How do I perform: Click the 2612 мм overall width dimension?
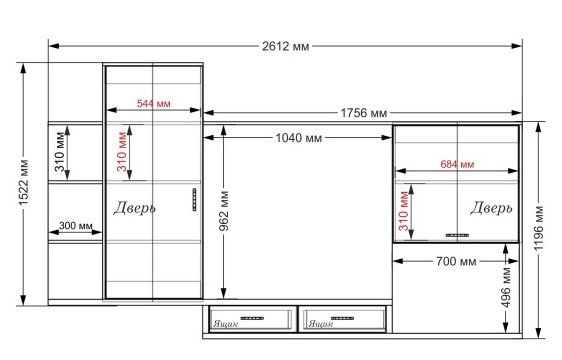[285, 46]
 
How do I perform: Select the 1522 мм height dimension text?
[24, 183]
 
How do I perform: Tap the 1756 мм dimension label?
[363, 113]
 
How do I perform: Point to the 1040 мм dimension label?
[299, 138]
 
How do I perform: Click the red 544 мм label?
[153, 104]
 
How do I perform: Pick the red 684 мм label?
[457, 164]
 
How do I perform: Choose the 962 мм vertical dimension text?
[224, 211]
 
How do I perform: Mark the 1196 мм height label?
[538, 228]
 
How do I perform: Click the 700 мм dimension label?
[456, 261]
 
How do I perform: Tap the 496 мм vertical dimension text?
[506, 287]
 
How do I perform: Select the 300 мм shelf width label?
[76, 226]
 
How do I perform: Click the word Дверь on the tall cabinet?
[134, 208]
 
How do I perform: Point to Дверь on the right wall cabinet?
[491, 208]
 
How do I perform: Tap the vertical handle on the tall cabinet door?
[195, 199]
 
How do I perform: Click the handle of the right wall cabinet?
[457, 235]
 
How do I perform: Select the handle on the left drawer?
[252, 318]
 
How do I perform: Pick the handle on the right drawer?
[342, 318]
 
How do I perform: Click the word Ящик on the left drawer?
[225, 324]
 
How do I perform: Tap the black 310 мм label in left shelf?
[60, 152]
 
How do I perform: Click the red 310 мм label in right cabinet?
[404, 211]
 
